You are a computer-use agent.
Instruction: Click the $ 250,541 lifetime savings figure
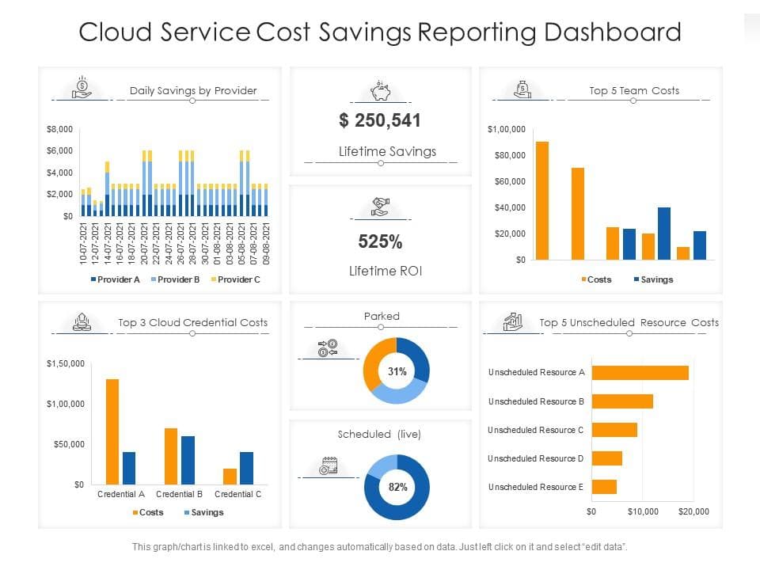[x=380, y=120]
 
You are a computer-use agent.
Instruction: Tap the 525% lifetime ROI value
[x=380, y=241]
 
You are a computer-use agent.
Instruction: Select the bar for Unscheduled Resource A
[x=640, y=373]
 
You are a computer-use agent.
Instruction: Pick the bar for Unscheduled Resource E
[x=604, y=487]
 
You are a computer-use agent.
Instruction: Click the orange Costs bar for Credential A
[x=112, y=432]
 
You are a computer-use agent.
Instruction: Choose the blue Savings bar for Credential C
[x=246, y=468]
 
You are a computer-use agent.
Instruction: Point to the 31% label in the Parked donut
[x=397, y=372]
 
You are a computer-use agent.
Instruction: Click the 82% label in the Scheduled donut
[x=398, y=487]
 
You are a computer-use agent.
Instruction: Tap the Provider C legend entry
[x=236, y=279]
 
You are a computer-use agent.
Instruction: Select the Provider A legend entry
[x=116, y=279]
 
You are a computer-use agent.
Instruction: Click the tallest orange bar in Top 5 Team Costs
[x=541, y=200]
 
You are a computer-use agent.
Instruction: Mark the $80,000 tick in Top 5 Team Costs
[x=510, y=156]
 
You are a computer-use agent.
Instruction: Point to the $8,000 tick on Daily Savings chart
[x=59, y=129]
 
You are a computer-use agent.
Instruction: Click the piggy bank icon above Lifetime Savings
[x=381, y=90]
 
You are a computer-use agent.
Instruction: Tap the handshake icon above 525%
[x=381, y=207]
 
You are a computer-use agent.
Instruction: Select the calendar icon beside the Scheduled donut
[x=328, y=465]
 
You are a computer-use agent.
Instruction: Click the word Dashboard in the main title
[x=613, y=32]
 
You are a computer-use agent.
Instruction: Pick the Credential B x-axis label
[x=180, y=494]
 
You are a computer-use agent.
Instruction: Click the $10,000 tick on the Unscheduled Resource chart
[x=643, y=512]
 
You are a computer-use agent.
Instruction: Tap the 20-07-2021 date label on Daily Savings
[x=144, y=244]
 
